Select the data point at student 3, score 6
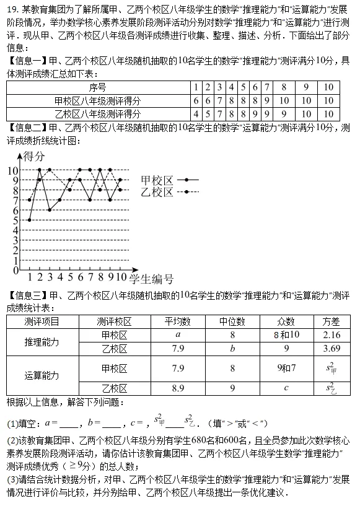coord(50,210)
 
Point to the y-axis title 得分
coord(35,156)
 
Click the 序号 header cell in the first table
coord(97,87)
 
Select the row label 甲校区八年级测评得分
coord(97,100)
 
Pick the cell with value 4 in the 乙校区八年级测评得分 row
coord(196,113)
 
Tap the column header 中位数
coord(232,321)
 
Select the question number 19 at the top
coord(11,9)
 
